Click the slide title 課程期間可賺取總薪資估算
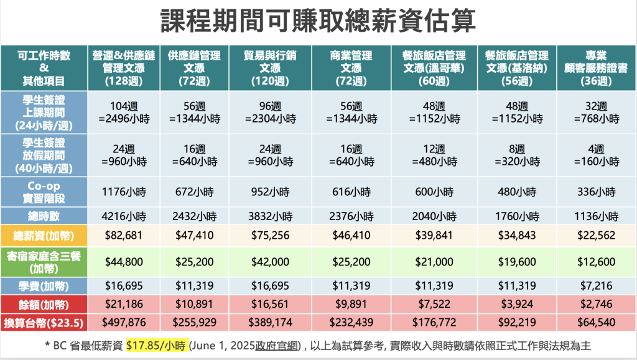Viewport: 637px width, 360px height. click(318, 21)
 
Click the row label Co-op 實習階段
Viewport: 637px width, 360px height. click(44, 193)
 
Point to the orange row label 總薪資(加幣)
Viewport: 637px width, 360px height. click(44, 236)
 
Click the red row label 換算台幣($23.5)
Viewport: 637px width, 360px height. click(44, 323)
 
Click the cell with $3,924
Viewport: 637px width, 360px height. click(517, 305)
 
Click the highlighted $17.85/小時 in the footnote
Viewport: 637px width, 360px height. click(157, 346)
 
